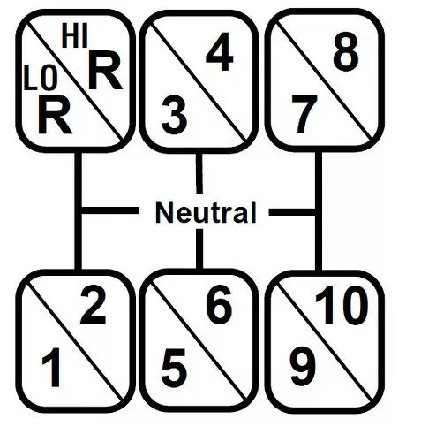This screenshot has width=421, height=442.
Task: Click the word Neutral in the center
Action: pyautogui.click(x=206, y=212)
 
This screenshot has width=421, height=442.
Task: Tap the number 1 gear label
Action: pyautogui.click(x=52, y=367)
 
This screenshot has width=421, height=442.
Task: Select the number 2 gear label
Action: pyautogui.click(x=93, y=306)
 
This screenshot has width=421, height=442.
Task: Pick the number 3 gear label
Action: pyautogui.click(x=174, y=114)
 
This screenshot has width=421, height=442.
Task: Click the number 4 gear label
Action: pyautogui.click(x=219, y=51)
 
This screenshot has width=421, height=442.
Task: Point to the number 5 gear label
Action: pyautogui.click(x=174, y=368)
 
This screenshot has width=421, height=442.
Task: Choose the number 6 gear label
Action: pyautogui.click(x=220, y=304)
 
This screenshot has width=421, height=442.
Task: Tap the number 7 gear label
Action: pyautogui.click(x=304, y=114)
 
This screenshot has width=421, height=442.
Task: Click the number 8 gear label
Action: pyautogui.click(x=346, y=51)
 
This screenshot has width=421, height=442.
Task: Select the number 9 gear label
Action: pyautogui.click(x=303, y=367)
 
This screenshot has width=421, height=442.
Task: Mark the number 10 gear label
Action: pyautogui.click(x=342, y=305)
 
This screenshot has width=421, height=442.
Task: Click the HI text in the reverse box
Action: pyautogui.click(x=75, y=37)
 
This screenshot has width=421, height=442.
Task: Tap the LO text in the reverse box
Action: pyautogui.click(x=41, y=78)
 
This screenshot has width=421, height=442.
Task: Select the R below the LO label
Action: pyautogui.click(x=55, y=115)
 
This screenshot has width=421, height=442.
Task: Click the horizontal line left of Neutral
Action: pyautogui.click(x=110, y=210)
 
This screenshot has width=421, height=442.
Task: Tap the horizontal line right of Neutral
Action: pyautogui.click(x=292, y=212)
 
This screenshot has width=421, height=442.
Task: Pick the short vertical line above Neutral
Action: pyautogui.click(x=199, y=173)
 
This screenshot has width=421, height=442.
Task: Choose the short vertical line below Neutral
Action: pyautogui.click(x=199, y=248)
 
